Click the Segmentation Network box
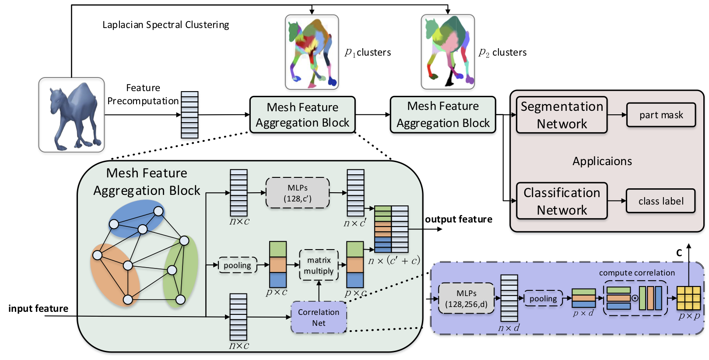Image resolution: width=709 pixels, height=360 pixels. [x=562, y=115]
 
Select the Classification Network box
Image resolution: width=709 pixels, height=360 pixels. [x=562, y=201]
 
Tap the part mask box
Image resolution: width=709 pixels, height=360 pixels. [x=661, y=115]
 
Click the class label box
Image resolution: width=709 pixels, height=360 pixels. [x=660, y=201]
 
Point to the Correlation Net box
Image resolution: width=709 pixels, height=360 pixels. [x=319, y=317]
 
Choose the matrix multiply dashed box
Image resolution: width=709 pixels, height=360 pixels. [x=319, y=265]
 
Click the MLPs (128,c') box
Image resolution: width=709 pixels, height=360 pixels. [x=298, y=193]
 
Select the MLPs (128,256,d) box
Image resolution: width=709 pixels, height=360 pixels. [x=466, y=298]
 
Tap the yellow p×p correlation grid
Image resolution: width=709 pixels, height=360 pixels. [x=688, y=298]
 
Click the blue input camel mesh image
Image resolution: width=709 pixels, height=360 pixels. [x=71, y=115]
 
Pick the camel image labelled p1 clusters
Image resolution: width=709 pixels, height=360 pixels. [x=312, y=52]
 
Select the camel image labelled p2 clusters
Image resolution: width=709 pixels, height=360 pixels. [x=448, y=52]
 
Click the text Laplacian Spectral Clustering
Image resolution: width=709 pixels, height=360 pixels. [x=165, y=25]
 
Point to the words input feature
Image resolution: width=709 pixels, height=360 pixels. [x=39, y=308]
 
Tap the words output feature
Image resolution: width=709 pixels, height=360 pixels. [x=458, y=219]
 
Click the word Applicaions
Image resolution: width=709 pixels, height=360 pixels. [x=602, y=161]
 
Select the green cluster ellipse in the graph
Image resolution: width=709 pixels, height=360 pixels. [x=180, y=272]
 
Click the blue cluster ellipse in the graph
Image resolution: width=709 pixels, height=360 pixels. [x=137, y=219]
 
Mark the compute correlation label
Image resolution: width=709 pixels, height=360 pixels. [x=637, y=272]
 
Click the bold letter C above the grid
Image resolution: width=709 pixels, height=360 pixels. [x=679, y=253]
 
